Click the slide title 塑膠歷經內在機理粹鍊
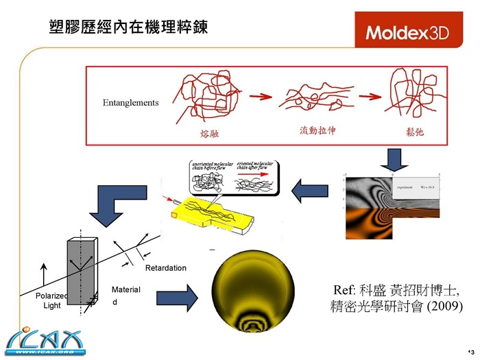coord(129,27)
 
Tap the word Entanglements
coord(130,103)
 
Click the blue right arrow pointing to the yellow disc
coord(177,298)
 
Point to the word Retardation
coord(165,267)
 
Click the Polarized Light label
coord(52,300)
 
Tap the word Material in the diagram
coord(125,290)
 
